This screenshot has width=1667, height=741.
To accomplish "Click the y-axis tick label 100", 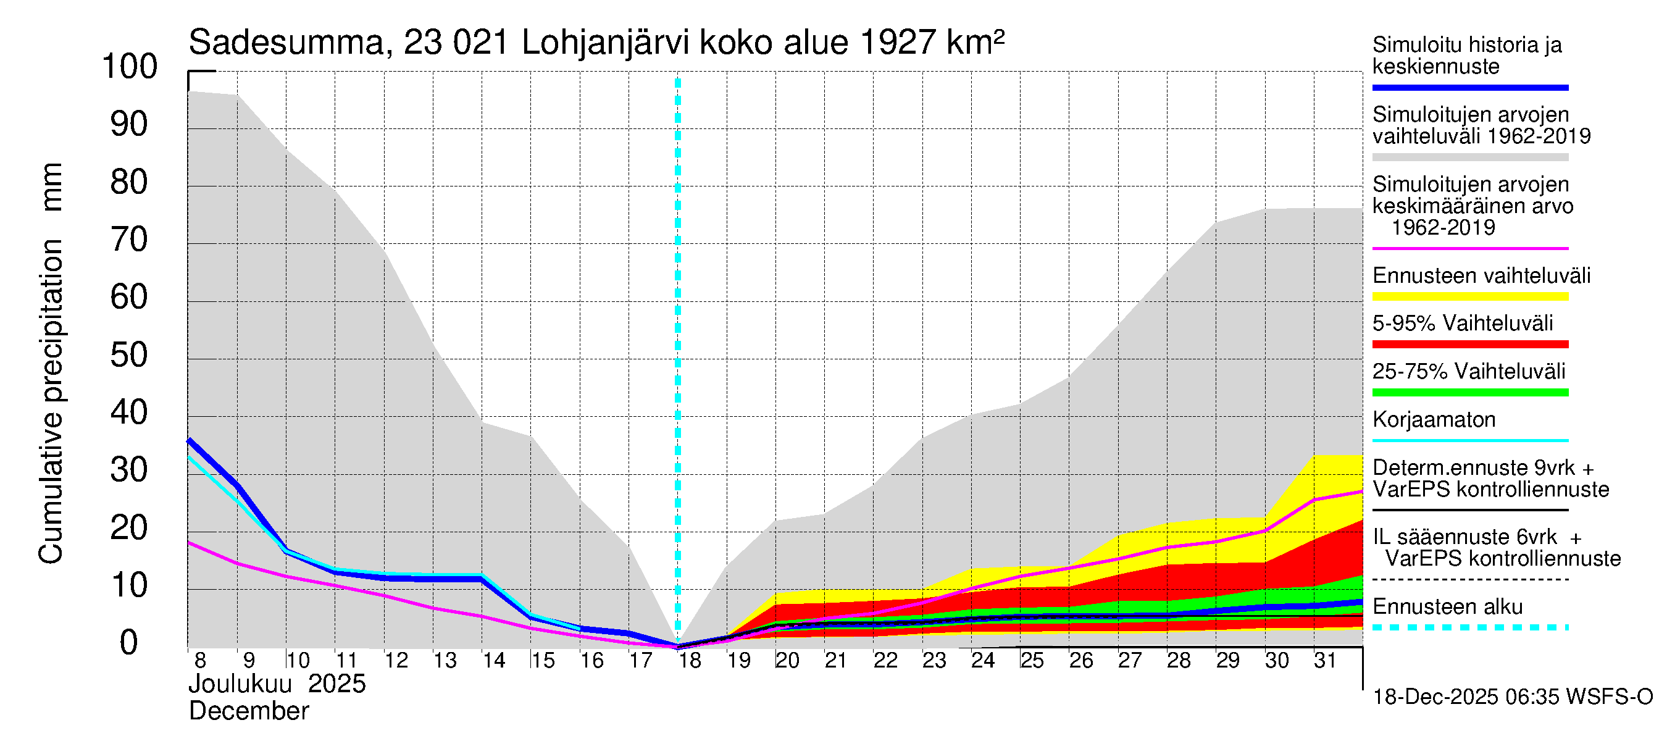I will pyautogui.click(x=130, y=67).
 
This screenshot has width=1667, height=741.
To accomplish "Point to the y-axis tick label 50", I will pyautogui.click(x=130, y=355).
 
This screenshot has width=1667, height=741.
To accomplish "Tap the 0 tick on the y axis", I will pyautogui.click(x=130, y=643).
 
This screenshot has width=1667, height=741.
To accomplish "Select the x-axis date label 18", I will pyautogui.click(x=690, y=661).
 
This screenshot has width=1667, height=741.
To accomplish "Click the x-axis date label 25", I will pyautogui.click(x=1032, y=661).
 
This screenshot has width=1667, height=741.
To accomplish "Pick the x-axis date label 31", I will pyautogui.click(x=1326, y=661).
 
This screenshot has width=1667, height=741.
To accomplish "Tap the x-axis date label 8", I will pyautogui.click(x=200, y=661).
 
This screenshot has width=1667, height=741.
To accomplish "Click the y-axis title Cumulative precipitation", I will pyautogui.click(x=51, y=401).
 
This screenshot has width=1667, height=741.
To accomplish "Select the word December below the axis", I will pyautogui.click(x=248, y=711).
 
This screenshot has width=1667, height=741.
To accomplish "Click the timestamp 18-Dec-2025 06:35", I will pyautogui.click(x=1435, y=697).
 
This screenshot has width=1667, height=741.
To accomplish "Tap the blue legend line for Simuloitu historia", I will pyautogui.click(x=1469, y=87).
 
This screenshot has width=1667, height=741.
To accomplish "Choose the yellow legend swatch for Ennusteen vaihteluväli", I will pyautogui.click(x=1469, y=297).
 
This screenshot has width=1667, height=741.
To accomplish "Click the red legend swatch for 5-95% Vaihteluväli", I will pyautogui.click(x=1469, y=345).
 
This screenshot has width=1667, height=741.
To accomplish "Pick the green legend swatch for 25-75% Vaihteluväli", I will pyautogui.click(x=1469, y=392).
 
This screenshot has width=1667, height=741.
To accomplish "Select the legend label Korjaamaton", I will pyautogui.click(x=1434, y=420).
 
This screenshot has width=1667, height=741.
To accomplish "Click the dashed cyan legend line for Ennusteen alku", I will pyautogui.click(x=1469, y=627).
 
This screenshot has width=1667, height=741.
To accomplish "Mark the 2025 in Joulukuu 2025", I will pyautogui.click(x=336, y=684).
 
